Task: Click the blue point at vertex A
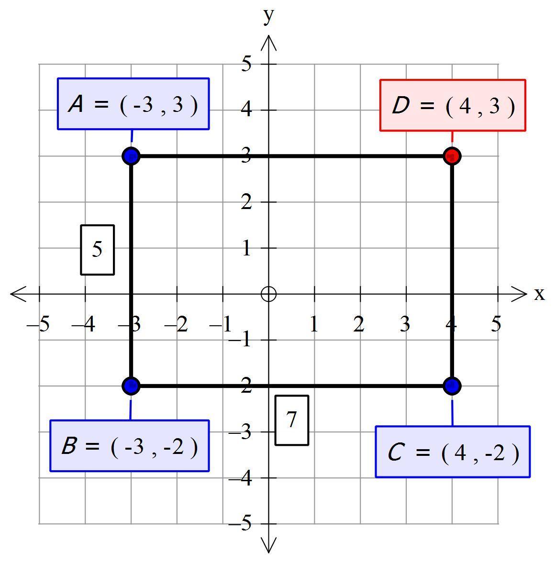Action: click(x=131, y=156)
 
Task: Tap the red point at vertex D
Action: click(x=452, y=156)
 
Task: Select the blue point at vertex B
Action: click(x=131, y=386)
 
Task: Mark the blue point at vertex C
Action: click(x=452, y=386)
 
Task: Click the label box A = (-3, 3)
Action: click(x=133, y=104)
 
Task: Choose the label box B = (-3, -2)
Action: click(x=130, y=446)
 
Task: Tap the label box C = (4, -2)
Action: click(x=453, y=452)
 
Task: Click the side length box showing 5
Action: click(x=97, y=250)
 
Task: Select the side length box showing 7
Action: click(x=292, y=420)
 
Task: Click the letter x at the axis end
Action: click(x=539, y=294)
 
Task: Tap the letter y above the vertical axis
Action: click(x=268, y=16)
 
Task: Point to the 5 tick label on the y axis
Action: click(x=246, y=64)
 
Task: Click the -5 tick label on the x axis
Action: click(x=38, y=324)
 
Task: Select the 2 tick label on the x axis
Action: click(x=359, y=324)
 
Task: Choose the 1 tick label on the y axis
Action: click(x=246, y=248)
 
